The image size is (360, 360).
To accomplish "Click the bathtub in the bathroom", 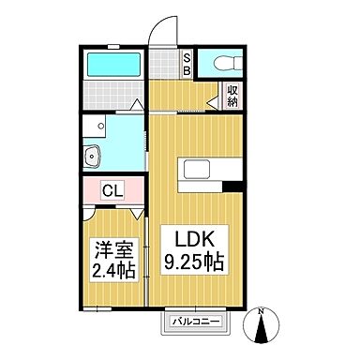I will pyautogui.click(x=112, y=66).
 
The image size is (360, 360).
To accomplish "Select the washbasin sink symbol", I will pyautogui.click(x=92, y=156).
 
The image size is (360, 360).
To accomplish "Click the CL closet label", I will pyautogui.click(x=110, y=192).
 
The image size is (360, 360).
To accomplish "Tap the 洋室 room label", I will pyautogui.click(x=110, y=250).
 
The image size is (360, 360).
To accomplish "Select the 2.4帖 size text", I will pyautogui.click(x=110, y=272).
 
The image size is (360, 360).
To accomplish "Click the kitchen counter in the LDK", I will pyautogui.click(x=201, y=172).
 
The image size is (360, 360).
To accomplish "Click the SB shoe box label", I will pyautogui.click(x=187, y=64).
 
